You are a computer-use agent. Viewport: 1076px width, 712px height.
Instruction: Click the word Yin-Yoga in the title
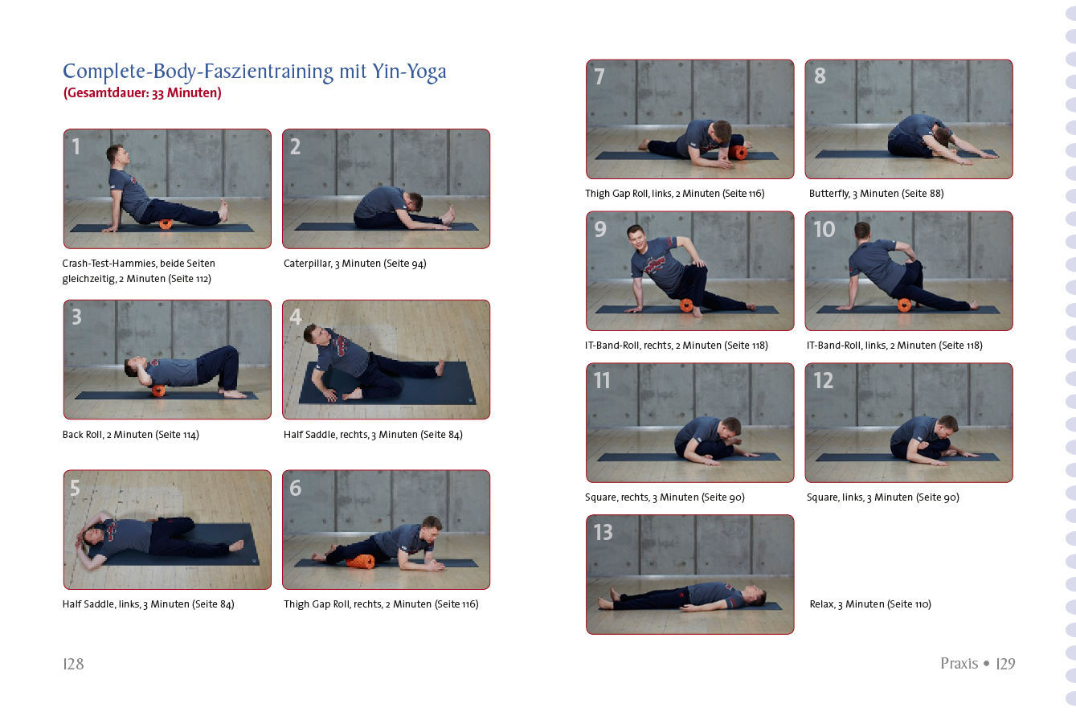(409, 72)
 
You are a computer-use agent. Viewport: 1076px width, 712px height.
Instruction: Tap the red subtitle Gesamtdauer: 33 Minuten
(142, 92)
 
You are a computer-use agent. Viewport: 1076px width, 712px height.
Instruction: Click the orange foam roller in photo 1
(166, 224)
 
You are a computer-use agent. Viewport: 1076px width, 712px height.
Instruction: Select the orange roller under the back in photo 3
(158, 391)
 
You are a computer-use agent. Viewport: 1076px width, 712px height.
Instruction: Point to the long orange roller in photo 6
(360, 562)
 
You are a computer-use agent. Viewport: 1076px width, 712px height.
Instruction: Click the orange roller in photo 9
(686, 305)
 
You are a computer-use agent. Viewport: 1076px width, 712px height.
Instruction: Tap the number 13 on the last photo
(603, 532)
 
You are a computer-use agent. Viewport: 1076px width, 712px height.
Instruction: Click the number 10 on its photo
(824, 229)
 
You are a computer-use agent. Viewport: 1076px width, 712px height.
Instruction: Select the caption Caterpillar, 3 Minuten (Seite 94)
(355, 264)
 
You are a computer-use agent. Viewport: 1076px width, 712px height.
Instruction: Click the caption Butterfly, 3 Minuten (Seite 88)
(876, 194)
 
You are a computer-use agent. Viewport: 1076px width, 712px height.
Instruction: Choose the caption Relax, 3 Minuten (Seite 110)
(870, 604)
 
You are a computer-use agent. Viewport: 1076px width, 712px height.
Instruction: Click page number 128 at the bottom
(73, 664)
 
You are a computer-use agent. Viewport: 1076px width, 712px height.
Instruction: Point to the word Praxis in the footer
(959, 664)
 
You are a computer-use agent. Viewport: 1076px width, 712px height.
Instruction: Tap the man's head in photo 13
(755, 595)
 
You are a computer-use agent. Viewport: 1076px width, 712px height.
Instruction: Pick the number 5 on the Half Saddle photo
(75, 488)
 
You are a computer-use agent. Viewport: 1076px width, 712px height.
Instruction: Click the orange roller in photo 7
(738, 153)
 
